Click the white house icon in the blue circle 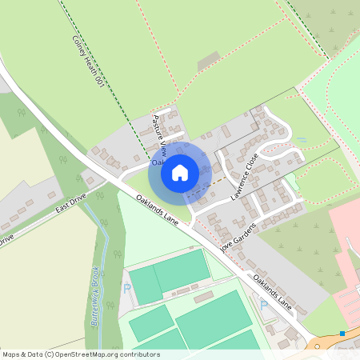click(x=180, y=172)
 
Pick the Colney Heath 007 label click(x=88, y=59)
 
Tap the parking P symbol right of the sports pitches click(x=264, y=305)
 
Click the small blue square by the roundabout click(x=342, y=333)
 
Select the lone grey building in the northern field click(x=208, y=60)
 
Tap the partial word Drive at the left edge click(x=6, y=238)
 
